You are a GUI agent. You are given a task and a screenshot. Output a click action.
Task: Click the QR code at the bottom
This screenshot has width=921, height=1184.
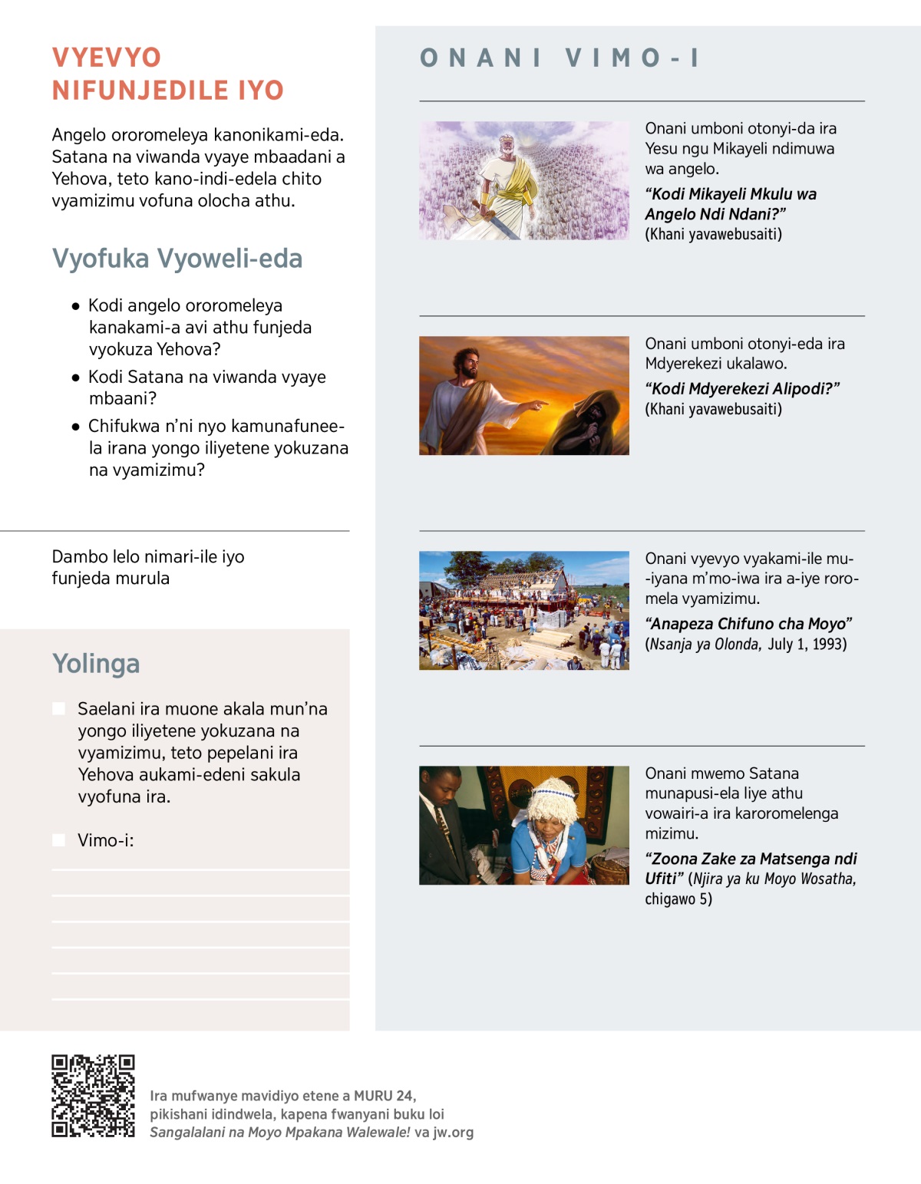click(93, 1096)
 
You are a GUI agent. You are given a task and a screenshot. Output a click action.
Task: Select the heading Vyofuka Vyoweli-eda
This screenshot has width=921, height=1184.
click(177, 259)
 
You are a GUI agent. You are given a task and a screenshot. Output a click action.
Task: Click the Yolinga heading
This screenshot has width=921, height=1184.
click(96, 664)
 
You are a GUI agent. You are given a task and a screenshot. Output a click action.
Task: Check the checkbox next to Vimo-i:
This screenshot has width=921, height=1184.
click(58, 840)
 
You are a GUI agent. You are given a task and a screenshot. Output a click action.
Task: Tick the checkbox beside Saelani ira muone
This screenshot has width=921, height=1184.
click(58, 708)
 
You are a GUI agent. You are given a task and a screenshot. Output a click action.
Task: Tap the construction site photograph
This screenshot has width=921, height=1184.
click(523, 611)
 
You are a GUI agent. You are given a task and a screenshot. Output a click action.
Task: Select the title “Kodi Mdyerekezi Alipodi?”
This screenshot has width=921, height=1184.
click(742, 388)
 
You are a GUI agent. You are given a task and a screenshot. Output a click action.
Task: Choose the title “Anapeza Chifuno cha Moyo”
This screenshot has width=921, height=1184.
click(748, 624)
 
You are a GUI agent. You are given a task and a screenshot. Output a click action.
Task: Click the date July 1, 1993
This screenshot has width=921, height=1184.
click(807, 644)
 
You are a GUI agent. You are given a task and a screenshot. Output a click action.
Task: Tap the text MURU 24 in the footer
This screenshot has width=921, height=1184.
click(385, 1096)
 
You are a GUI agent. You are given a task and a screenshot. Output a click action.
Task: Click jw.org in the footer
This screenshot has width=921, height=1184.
click(453, 1132)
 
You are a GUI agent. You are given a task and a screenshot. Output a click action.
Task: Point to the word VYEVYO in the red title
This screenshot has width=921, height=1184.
click(107, 58)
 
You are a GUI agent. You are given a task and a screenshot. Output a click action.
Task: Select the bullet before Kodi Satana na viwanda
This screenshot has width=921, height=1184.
click(75, 378)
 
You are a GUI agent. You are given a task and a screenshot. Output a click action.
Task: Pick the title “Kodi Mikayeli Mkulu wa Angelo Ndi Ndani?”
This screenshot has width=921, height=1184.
click(731, 204)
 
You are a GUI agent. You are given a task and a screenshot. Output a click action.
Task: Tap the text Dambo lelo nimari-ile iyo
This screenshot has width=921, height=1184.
click(148, 557)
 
